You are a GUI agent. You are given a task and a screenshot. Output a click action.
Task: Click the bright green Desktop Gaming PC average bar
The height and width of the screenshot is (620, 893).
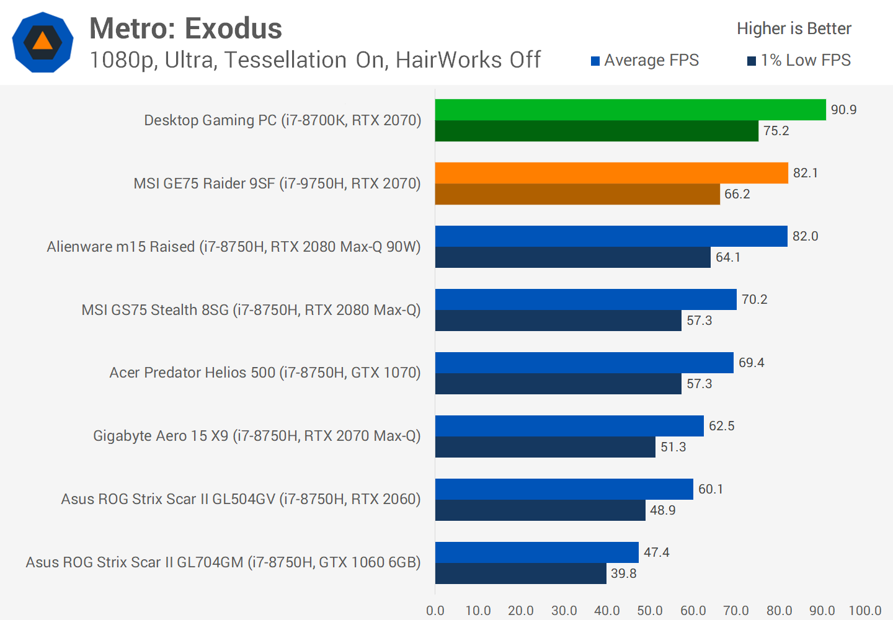[630, 110]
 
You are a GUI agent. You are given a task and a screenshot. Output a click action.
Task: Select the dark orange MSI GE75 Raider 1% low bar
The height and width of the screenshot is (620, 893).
[577, 194]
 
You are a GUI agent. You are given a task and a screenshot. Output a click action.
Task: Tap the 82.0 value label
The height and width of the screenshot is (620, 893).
[805, 236]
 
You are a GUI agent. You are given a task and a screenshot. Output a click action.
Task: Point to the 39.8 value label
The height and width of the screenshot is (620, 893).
[623, 573]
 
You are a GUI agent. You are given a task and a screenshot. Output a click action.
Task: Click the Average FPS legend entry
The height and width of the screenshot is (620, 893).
[645, 60]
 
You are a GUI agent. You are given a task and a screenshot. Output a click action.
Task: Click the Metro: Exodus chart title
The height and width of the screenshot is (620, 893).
[185, 29]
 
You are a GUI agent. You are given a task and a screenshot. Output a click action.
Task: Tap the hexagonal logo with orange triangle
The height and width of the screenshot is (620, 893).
[43, 42]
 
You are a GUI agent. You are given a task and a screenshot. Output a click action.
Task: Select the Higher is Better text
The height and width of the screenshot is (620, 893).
[794, 29]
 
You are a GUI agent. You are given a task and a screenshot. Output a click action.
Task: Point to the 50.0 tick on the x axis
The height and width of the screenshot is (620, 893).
[650, 611]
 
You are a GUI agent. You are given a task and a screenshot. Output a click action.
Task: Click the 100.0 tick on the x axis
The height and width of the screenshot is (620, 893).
[864, 611]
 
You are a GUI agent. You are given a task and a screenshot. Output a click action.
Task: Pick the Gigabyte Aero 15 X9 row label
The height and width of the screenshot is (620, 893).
[257, 436]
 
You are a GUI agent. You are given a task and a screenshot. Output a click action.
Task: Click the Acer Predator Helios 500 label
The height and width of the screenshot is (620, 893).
[265, 373]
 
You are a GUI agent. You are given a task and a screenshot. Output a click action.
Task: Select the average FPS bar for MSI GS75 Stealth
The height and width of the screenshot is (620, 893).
[585, 299]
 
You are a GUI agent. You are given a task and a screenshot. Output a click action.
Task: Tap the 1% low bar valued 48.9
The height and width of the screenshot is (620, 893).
[540, 510]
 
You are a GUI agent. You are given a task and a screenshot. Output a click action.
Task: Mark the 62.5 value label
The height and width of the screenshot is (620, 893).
[721, 426]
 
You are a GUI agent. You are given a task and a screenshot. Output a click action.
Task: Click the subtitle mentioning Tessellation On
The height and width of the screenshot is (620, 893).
[315, 60]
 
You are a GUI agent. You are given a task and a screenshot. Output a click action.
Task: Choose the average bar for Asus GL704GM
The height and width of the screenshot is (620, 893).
[536, 552]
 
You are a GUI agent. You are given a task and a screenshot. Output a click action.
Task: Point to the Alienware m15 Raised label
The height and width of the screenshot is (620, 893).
[234, 247]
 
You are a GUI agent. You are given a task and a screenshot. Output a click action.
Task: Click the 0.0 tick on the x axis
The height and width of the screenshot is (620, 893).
[435, 611]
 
